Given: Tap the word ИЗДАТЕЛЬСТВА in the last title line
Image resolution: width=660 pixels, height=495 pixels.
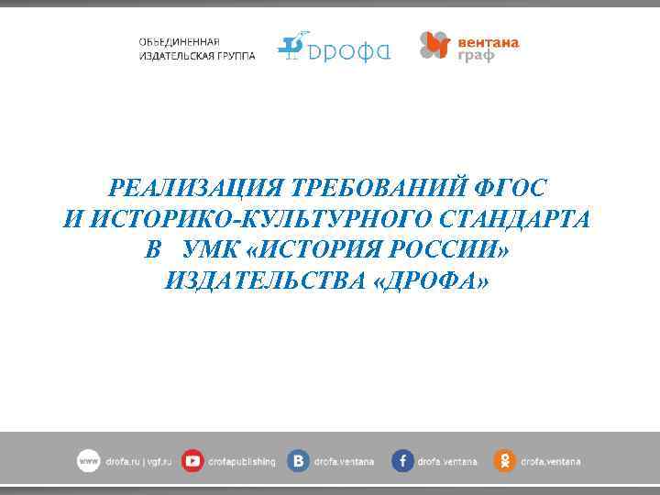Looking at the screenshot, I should point(266,280).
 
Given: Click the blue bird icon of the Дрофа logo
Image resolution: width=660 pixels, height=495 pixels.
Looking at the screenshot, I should point(291,46).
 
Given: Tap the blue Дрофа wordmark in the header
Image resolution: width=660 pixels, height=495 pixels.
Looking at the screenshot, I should point(349,50).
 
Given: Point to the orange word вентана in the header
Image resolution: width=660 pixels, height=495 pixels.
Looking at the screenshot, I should point(488,41).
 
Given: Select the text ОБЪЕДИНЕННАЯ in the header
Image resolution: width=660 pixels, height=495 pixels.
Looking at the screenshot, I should point(179,42).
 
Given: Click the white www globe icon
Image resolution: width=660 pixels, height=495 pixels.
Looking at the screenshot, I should point(88,462).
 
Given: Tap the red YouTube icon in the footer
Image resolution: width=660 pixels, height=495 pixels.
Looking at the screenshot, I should point(192,462).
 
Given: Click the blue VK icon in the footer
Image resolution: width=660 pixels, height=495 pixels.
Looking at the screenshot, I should point(298,462).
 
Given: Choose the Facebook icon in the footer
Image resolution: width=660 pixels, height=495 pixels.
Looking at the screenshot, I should point(402,462).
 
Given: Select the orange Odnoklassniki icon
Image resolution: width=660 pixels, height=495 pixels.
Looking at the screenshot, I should point(504,462).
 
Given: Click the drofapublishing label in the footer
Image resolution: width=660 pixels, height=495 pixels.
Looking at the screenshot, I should point(241,462).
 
